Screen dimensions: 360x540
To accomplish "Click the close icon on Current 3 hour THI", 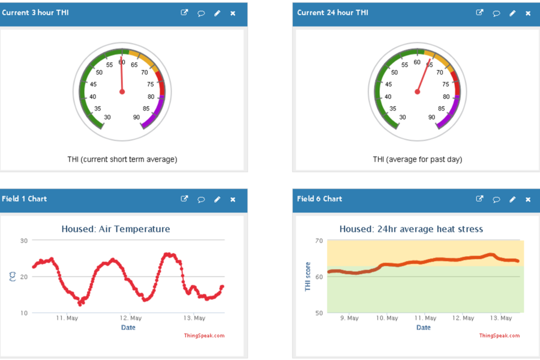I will (233, 13).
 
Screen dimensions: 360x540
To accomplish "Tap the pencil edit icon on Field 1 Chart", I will (217, 199).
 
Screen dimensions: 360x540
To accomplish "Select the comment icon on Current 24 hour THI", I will (496, 13).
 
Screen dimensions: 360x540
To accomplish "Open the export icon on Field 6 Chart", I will (479, 199).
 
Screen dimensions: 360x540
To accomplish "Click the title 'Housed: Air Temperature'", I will (116, 229).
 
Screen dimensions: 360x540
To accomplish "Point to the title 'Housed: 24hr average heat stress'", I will (411, 229).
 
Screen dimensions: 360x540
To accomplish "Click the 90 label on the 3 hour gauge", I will (137, 117).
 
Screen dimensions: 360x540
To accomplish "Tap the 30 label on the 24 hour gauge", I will (402, 117).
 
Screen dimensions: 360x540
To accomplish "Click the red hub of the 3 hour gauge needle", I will (122, 92).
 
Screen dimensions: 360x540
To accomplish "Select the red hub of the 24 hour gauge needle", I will (418, 92).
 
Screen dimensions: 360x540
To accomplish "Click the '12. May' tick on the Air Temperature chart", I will (131, 318).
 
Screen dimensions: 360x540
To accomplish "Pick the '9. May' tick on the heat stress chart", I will (349, 318).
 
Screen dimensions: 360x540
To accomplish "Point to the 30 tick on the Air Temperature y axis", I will (24, 241).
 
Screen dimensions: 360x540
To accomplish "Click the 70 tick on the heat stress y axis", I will (319, 241).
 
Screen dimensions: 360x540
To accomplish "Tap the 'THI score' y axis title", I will (308, 277).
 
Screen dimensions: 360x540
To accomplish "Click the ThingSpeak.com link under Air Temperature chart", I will (204, 336).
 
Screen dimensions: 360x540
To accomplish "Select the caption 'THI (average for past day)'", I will (418, 160).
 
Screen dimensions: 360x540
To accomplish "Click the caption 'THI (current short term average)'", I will (122, 160).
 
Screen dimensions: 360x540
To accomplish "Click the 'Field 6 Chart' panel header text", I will (319, 199).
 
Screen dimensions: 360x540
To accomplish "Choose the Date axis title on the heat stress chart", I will (424, 328).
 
